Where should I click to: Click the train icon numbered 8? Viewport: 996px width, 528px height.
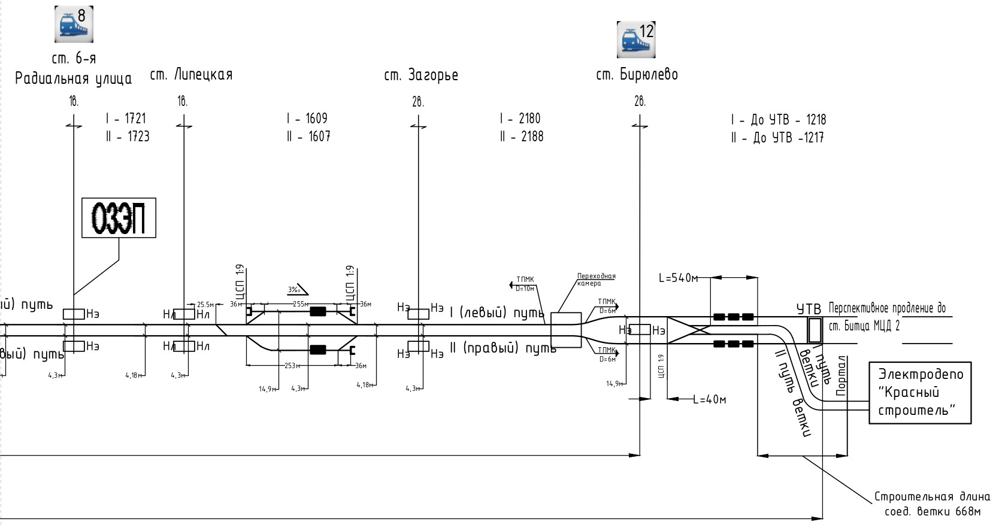click(x=74, y=24)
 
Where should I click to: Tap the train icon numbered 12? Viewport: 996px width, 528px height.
click(x=636, y=40)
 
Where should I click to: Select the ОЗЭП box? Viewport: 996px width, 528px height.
click(x=119, y=218)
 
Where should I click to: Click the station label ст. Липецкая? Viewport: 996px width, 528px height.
click(x=191, y=75)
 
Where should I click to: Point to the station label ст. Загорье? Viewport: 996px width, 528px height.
click(x=421, y=75)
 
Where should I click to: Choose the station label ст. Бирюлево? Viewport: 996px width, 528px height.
click(x=637, y=75)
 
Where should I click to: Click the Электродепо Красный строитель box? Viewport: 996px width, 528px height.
click(x=919, y=393)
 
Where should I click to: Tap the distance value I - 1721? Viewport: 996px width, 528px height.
click(x=126, y=119)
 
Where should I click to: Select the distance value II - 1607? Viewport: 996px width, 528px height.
click(x=308, y=136)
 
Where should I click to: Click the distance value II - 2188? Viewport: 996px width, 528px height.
click(x=522, y=136)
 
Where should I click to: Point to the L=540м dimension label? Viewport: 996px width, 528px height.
click(x=679, y=278)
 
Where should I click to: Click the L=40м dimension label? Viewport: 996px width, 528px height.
click(x=710, y=399)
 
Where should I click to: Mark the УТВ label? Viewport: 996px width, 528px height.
click(x=809, y=309)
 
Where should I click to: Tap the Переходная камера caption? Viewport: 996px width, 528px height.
click(x=596, y=280)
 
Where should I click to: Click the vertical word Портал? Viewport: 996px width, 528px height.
click(x=841, y=376)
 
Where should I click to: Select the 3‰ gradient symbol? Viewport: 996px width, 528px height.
click(x=296, y=290)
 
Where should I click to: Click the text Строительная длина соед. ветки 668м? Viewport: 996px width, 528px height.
click(x=932, y=504)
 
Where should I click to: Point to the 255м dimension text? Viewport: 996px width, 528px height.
click(x=300, y=304)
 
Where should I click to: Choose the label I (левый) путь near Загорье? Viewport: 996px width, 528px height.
click(x=497, y=312)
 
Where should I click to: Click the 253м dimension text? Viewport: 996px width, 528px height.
click(x=292, y=366)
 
